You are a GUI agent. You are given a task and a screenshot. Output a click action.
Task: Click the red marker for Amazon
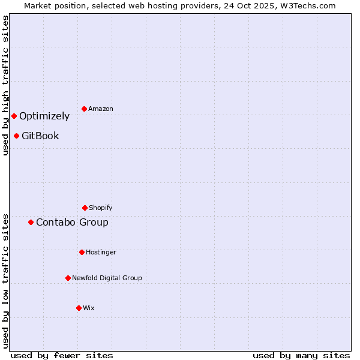click(x=84, y=109)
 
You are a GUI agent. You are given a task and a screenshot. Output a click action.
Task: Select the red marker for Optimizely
click(x=14, y=116)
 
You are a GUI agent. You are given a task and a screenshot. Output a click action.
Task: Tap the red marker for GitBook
click(x=16, y=136)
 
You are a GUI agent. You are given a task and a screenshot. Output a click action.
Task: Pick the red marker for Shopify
click(x=85, y=208)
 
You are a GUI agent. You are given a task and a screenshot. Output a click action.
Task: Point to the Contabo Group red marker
click(x=31, y=222)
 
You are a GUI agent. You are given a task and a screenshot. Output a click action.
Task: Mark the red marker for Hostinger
click(x=82, y=252)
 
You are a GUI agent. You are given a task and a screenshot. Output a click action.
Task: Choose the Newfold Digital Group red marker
click(x=68, y=278)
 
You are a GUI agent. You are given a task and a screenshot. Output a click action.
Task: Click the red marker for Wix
click(x=79, y=308)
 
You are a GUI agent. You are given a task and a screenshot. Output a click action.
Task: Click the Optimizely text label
click(x=44, y=116)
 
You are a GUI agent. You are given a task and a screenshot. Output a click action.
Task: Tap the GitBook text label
click(x=40, y=136)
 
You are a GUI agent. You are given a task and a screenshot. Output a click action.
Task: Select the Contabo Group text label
click(x=72, y=223)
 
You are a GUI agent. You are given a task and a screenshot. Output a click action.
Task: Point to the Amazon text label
click(x=101, y=109)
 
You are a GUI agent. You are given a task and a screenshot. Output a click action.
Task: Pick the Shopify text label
click(x=101, y=208)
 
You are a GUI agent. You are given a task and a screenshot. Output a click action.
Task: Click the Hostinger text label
click(x=101, y=253)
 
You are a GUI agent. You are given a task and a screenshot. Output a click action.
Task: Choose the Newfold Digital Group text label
click(x=107, y=278)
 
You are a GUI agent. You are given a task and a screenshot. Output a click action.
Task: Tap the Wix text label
click(x=89, y=308)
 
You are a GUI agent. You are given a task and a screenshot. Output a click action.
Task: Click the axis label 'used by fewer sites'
click(x=62, y=355)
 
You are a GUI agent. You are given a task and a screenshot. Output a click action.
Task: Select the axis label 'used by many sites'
click(x=301, y=355)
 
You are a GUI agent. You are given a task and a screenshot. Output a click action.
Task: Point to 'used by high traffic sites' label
click(x=5, y=85)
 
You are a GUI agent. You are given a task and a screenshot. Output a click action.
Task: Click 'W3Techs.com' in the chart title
click(x=306, y=5)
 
